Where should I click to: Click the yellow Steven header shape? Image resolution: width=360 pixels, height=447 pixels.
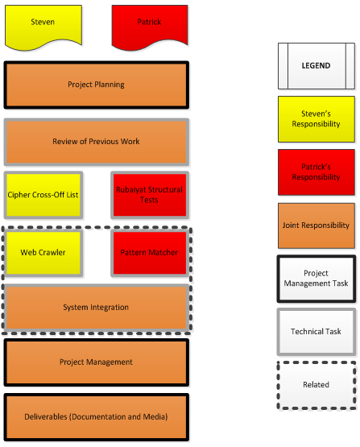(x=43, y=26)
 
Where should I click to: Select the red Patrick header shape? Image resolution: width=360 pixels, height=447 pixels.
(x=150, y=26)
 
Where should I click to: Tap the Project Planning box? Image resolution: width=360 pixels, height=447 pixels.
(x=97, y=85)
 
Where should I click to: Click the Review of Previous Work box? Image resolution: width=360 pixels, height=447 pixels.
(x=97, y=142)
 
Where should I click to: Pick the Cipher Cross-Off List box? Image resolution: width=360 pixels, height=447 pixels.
(x=43, y=195)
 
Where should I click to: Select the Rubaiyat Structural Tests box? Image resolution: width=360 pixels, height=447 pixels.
(x=150, y=195)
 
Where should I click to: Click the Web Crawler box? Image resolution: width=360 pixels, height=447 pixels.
(x=43, y=253)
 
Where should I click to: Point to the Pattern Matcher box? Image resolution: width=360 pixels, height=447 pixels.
(x=150, y=253)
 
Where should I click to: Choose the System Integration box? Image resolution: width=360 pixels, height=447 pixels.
(x=97, y=308)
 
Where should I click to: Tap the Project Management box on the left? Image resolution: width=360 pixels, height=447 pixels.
(x=97, y=362)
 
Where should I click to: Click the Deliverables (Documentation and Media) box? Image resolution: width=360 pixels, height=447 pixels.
(x=97, y=417)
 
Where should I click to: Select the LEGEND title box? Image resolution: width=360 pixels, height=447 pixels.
(x=317, y=66)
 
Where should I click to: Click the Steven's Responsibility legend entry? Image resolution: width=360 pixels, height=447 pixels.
(x=317, y=119)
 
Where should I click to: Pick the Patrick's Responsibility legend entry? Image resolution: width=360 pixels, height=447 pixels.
(x=317, y=172)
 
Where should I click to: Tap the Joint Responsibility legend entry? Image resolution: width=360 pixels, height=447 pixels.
(x=317, y=226)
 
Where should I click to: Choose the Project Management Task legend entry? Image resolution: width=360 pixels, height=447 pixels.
(x=317, y=279)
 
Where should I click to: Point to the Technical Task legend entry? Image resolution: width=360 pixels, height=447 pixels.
(x=317, y=332)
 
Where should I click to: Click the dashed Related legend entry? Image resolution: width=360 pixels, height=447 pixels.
(x=317, y=386)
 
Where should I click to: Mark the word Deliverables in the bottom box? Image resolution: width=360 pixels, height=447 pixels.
(x=46, y=416)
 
